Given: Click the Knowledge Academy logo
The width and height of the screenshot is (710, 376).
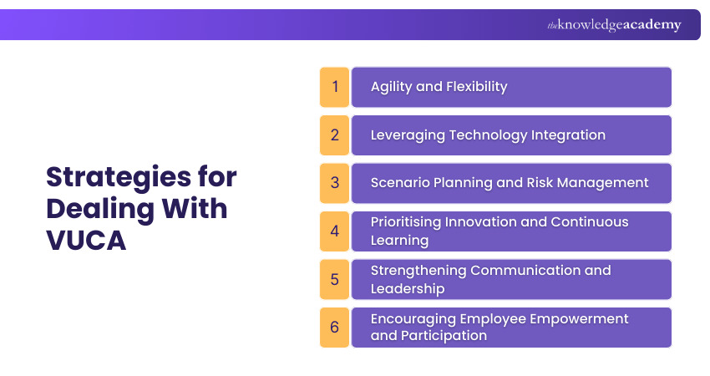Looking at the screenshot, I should click(614, 25).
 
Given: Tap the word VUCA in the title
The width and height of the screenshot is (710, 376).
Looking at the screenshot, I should click(86, 240).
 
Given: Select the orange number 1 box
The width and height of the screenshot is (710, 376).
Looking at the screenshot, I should click(334, 87).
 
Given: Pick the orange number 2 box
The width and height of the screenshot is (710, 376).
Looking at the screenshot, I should click(334, 135).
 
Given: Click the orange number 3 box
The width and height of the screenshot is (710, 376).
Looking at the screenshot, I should click(334, 183).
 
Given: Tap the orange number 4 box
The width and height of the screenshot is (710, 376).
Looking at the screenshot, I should click(334, 231).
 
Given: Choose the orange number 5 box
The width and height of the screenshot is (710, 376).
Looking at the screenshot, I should click(334, 279).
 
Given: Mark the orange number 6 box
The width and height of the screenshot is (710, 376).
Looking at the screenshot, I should click(334, 328).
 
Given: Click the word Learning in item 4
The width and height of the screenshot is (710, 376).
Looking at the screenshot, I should click(399, 241).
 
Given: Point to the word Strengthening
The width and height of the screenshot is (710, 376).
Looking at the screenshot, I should click(418, 271).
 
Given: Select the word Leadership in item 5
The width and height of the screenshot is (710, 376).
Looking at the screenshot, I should click(407, 289).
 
